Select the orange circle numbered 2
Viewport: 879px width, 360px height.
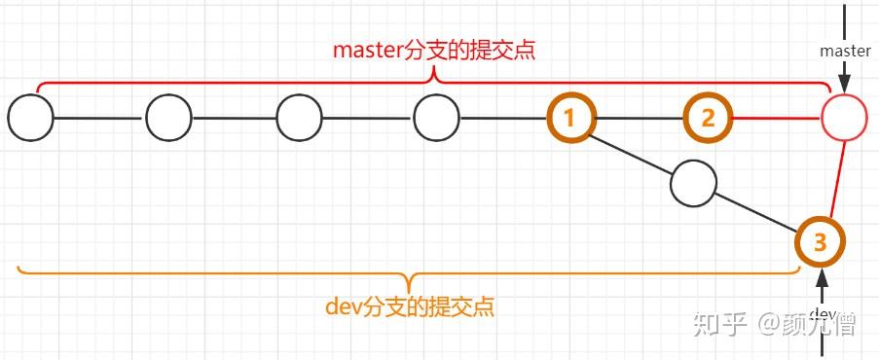click(708, 119)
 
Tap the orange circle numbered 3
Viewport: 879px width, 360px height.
click(820, 242)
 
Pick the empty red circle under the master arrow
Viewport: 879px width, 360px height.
click(844, 119)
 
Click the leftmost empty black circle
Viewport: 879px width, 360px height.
click(30, 119)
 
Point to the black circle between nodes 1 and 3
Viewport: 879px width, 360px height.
click(693, 182)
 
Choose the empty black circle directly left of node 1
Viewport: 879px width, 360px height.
click(436, 119)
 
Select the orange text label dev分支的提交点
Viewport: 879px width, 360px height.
click(409, 307)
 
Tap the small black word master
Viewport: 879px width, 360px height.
click(845, 50)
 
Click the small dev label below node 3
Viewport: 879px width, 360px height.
click(823, 313)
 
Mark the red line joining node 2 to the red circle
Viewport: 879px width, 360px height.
click(776, 119)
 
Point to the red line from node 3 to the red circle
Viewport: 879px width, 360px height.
click(834, 181)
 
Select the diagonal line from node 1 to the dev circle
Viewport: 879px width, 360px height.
click(631, 150)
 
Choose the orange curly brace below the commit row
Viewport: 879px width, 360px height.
click(409, 273)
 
